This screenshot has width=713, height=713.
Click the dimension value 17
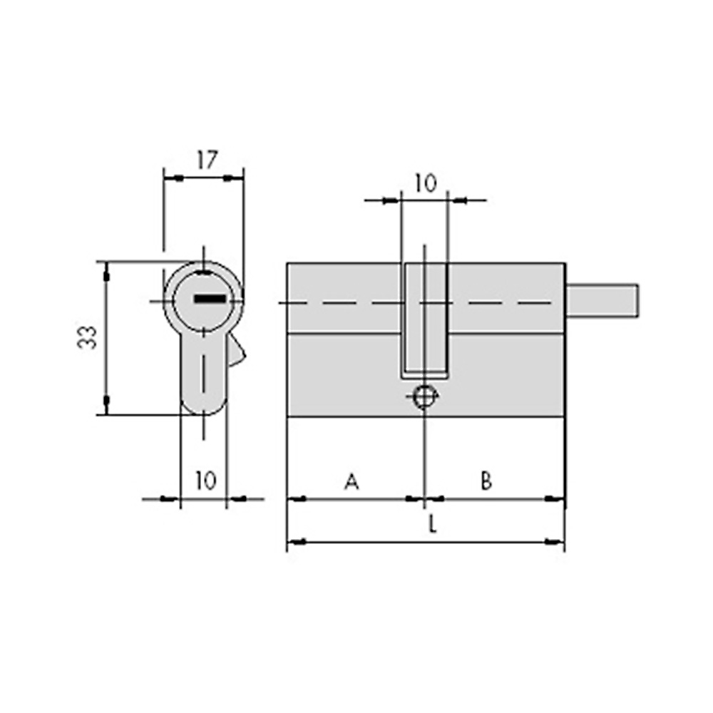click(x=207, y=160)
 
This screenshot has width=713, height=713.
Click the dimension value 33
click(x=87, y=337)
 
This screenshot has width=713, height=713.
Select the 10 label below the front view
click(x=206, y=481)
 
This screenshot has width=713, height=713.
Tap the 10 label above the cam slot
click(x=426, y=183)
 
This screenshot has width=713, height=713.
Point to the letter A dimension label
click(x=352, y=481)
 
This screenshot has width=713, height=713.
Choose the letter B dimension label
click(x=486, y=481)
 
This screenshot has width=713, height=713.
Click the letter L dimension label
click(x=433, y=525)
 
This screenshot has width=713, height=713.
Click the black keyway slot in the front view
click(x=210, y=299)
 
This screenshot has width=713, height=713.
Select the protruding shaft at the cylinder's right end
click(x=602, y=300)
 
